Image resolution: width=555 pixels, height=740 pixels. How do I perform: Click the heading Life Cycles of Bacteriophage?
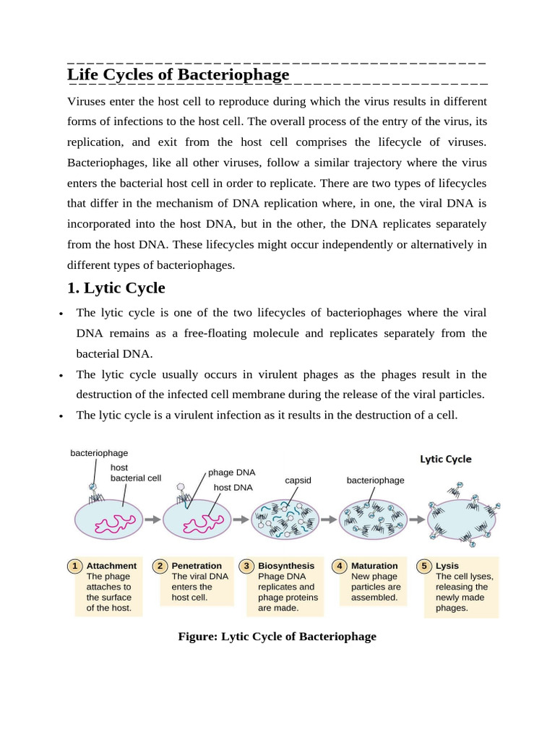178,74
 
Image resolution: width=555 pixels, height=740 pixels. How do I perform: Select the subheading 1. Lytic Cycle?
116,288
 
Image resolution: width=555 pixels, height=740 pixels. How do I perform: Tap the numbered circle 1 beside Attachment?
74,566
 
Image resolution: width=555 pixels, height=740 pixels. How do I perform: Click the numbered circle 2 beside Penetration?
160,566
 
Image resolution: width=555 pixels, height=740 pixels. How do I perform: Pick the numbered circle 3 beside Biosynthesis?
247,566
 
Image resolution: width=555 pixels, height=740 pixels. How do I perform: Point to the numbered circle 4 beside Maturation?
339,566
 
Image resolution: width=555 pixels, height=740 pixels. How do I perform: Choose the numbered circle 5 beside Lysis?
425,566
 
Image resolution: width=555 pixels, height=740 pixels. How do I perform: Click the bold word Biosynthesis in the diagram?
286,566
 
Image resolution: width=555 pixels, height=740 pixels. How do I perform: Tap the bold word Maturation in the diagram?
374,566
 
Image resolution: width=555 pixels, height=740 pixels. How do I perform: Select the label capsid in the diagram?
298,480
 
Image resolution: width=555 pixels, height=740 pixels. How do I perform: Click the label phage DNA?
231,473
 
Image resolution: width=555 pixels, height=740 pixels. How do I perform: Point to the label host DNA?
233,488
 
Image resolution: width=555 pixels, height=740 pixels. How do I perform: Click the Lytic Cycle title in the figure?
446,459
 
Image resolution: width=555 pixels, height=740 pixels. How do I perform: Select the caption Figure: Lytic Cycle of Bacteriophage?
277,637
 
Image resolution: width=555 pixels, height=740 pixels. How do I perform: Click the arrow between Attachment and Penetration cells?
152,519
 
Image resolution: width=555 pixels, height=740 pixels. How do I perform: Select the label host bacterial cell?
135,473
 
